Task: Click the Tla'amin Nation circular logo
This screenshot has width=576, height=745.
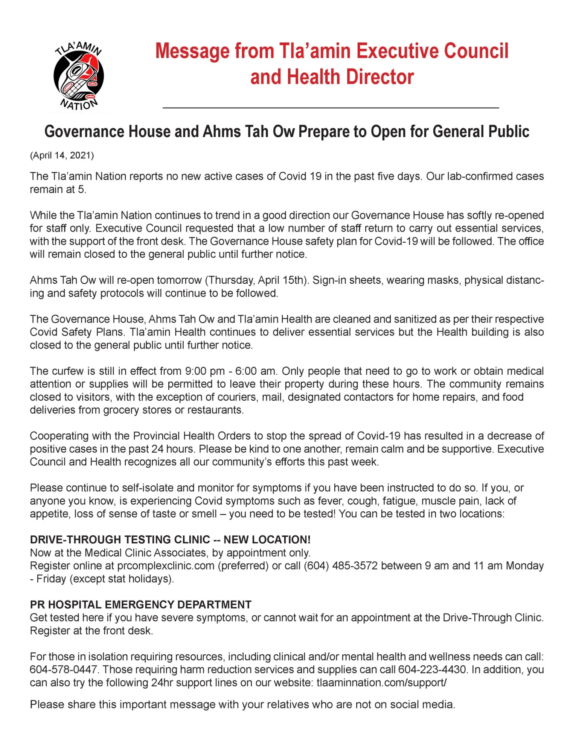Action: click(x=78, y=76)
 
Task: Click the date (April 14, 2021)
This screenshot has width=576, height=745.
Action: click(x=62, y=155)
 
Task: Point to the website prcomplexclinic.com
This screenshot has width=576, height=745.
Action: click(x=166, y=566)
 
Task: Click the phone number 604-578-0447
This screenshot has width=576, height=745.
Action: click(x=64, y=670)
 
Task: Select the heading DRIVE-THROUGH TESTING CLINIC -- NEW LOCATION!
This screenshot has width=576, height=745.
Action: click(x=170, y=540)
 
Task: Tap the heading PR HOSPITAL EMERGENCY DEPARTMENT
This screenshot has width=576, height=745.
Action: click(x=140, y=605)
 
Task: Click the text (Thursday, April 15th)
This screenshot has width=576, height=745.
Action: click(x=256, y=280)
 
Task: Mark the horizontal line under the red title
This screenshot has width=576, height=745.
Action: click(x=331, y=108)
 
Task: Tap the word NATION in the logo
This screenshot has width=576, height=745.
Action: click(x=79, y=105)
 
